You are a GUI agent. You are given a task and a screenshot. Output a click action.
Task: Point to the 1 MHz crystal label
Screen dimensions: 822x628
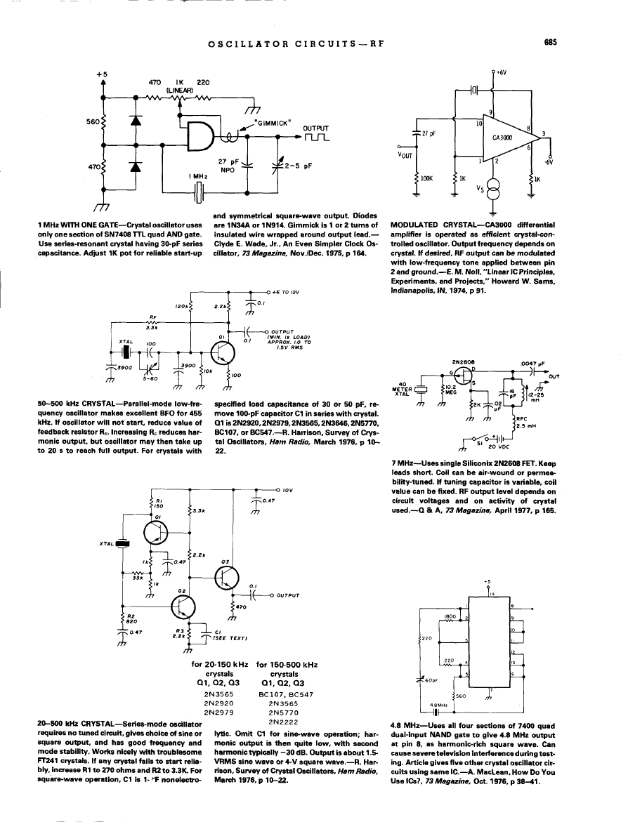(192, 177)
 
